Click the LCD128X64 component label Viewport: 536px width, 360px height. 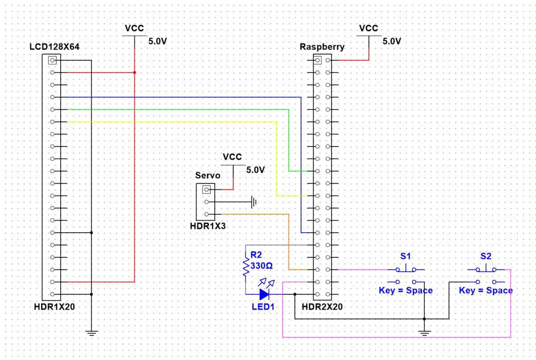[x=54, y=47]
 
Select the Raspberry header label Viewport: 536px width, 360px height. [x=322, y=47]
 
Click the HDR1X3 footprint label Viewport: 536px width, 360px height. [x=208, y=226]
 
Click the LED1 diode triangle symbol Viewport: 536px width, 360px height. [x=264, y=294]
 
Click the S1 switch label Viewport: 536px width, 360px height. [x=406, y=256]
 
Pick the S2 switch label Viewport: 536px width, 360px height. [x=486, y=256]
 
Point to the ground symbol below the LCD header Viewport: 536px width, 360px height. [x=91, y=333]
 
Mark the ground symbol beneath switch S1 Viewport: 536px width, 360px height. [x=424, y=333]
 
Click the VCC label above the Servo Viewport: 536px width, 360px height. [x=232, y=157]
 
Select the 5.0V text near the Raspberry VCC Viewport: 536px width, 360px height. [x=392, y=41]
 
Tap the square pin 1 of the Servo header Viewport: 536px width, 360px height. [x=206, y=190]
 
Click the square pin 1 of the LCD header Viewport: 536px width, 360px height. [x=52, y=60]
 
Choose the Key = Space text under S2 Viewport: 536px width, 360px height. [x=486, y=290]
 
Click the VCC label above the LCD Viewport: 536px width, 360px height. [x=134, y=28]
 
